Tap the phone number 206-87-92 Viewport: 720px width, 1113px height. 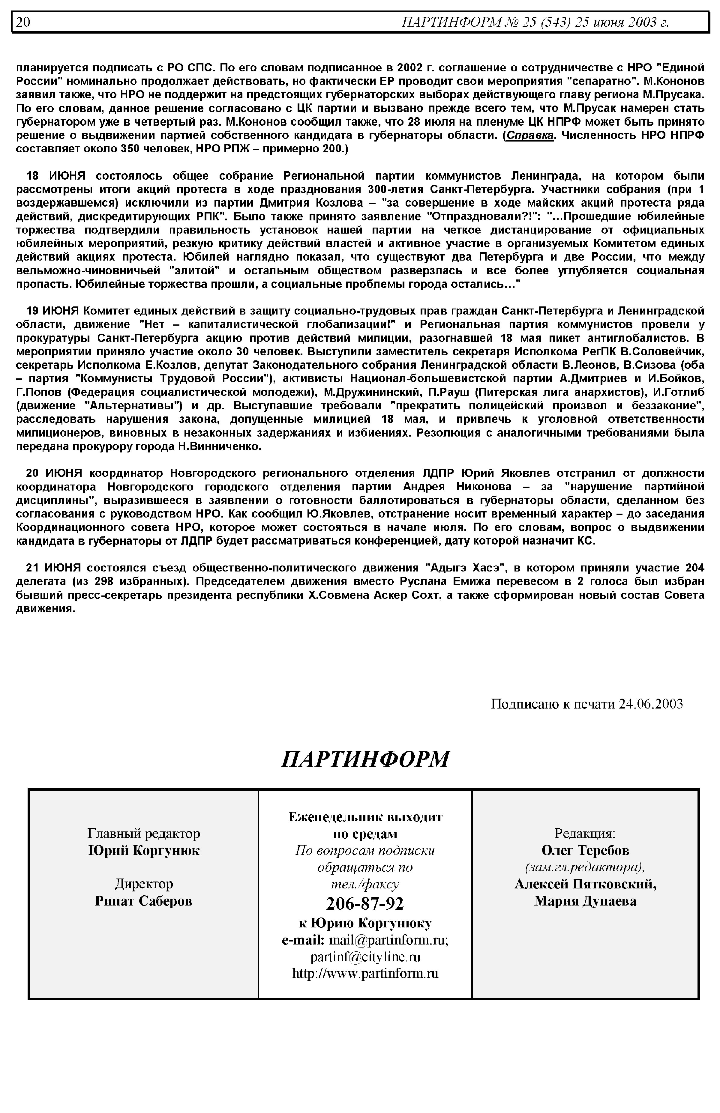pos(365,904)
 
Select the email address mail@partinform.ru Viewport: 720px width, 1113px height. pos(389,940)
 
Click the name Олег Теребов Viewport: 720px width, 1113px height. pos(585,850)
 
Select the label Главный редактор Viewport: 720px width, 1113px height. pos(143,833)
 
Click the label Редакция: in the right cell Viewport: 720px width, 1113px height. pos(585,833)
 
